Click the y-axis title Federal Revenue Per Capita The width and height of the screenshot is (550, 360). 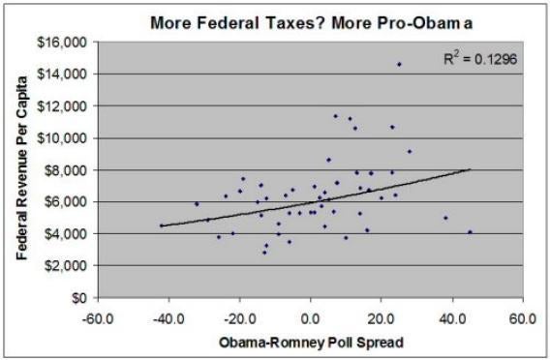(x=17, y=168)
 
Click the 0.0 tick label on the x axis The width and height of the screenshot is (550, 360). (x=311, y=316)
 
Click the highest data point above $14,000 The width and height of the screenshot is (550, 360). (x=399, y=64)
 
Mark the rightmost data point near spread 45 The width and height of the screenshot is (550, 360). (x=471, y=232)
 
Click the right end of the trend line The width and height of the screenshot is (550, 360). (x=471, y=169)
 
